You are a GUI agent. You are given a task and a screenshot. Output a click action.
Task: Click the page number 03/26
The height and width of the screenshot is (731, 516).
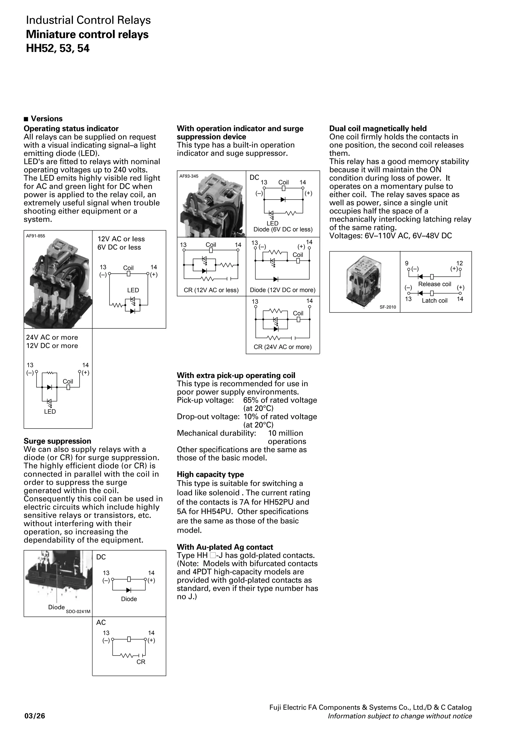point(35,716)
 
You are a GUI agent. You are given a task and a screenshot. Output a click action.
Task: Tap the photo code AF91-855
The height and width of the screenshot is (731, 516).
point(36,236)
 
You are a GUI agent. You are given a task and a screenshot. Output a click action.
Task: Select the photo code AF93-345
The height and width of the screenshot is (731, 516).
point(189,176)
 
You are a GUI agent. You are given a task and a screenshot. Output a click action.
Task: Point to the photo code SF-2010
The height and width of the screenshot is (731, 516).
point(388,307)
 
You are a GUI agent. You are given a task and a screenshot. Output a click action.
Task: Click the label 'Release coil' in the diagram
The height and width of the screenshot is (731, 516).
point(434,284)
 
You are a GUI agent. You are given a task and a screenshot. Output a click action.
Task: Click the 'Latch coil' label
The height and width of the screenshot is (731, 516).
point(434,301)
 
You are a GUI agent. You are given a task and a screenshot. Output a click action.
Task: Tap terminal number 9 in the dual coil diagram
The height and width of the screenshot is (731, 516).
point(407,263)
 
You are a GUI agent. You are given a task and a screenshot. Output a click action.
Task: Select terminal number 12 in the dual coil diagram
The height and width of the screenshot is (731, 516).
point(459,263)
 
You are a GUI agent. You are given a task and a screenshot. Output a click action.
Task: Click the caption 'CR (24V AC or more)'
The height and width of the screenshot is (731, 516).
point(282,347)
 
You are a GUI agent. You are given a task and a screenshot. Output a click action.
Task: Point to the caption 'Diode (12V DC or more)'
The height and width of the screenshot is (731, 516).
point(282,290)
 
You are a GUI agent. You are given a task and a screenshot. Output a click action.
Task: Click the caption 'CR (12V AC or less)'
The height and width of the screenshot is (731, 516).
point(211,290)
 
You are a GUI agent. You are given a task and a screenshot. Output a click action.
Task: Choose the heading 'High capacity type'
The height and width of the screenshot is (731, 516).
point(210,474)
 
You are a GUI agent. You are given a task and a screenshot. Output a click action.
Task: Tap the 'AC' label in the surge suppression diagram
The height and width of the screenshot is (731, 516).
point(101,623)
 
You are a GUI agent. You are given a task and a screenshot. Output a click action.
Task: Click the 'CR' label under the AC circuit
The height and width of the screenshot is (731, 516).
point(141,662)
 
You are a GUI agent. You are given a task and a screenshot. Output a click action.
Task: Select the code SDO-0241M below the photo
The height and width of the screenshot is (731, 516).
point(78,612)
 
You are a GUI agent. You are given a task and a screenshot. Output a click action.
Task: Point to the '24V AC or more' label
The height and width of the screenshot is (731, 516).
point(52,337)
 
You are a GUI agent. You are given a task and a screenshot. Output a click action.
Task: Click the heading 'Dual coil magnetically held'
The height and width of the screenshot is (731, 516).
point(378,129)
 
